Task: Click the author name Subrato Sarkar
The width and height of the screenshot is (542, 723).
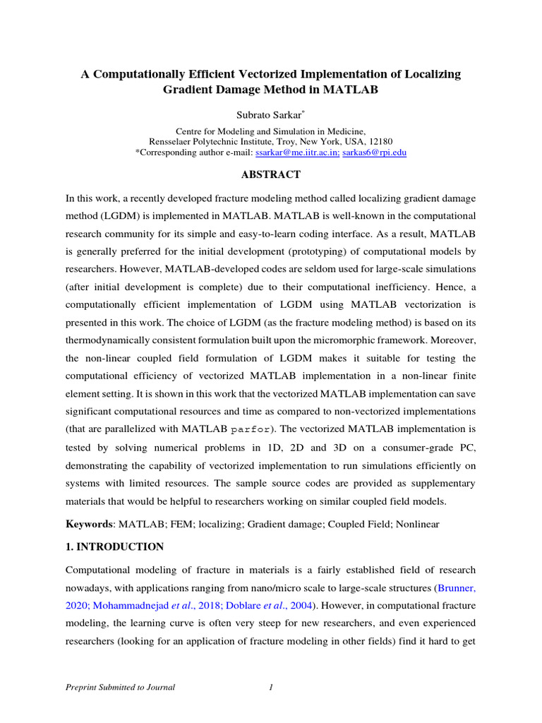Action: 270,114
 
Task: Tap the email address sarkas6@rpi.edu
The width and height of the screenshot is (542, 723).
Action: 374,153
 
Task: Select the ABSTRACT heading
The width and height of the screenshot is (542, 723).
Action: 270,174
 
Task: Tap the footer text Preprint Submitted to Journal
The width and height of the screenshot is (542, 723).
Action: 119,687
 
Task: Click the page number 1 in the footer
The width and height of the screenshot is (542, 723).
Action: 270,687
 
